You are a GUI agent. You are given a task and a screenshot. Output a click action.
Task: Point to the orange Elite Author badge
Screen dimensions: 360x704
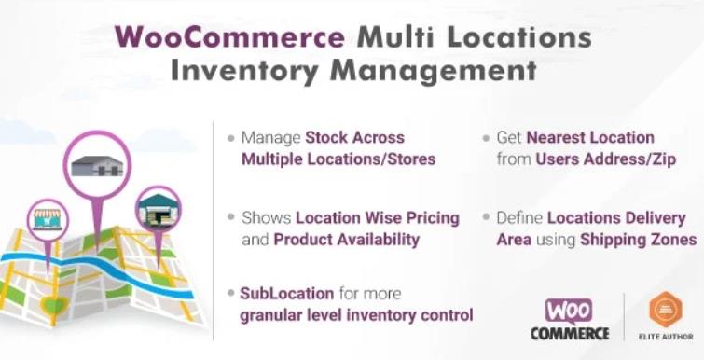pyautogui.click(x=665, y=310)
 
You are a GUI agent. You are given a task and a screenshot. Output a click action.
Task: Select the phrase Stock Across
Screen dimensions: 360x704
pyautogui.click(x=348, y=137)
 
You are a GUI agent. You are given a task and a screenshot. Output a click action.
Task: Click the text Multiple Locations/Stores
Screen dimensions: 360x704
pyautogui.click(x=338, y=159)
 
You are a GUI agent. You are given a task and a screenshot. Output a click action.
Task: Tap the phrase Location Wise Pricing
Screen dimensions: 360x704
pyautogui.click(x=378, y=217)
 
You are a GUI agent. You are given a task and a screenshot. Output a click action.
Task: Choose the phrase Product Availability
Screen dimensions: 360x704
pyautogui.click(x=346, y=239)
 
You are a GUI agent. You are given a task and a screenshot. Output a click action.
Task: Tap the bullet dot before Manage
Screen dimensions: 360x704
pyautogui.click(x=230, y=137)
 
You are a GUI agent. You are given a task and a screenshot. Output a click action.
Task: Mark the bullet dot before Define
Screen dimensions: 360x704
pyautogui.click(x=487, y=218)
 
